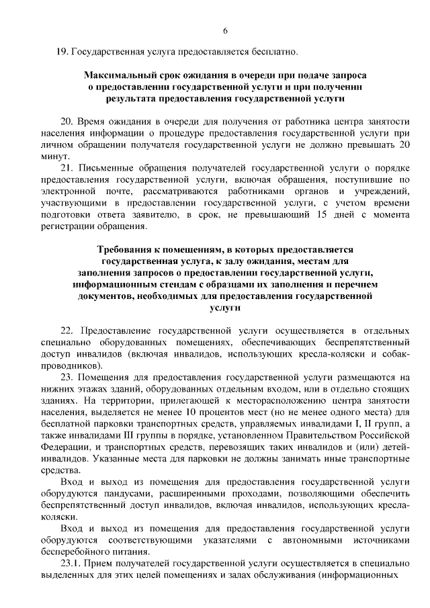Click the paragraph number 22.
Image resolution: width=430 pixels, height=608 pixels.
point(67,331)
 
